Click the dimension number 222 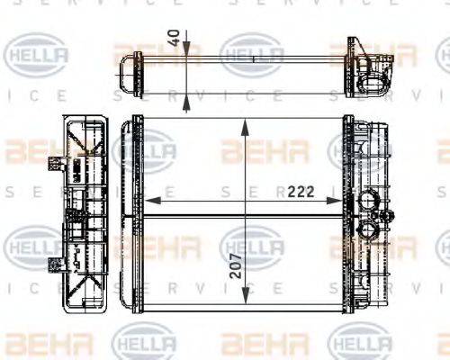[x=303, y=191]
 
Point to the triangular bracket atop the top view [x=355, y=46]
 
